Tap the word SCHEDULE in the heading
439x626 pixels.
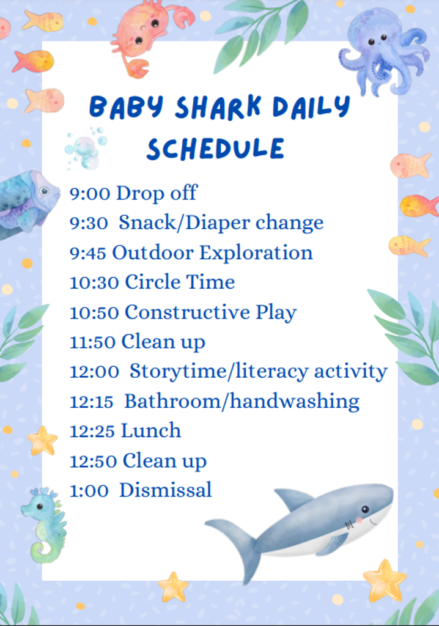215,149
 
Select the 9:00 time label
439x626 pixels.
89,194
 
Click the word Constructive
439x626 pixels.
187,312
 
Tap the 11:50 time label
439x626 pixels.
93,342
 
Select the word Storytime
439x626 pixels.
177,371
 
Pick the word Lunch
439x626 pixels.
151,431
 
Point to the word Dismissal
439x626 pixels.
166,490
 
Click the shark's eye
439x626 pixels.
365,509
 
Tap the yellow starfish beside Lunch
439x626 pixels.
42,441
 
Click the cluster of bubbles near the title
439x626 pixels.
85,149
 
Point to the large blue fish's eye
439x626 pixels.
44,191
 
